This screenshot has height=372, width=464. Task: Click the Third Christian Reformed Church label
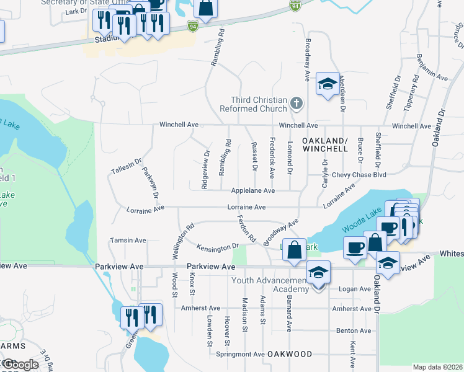coord(259,104)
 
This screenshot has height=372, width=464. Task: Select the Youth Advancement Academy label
coord(269,285)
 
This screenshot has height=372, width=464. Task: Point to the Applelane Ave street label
coord(252,191)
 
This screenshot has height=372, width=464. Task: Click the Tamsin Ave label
coord(128,240)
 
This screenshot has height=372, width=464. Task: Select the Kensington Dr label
coord(218,249)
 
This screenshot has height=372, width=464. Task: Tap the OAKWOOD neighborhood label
coord(290,354)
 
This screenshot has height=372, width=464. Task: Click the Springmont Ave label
coord(241,354)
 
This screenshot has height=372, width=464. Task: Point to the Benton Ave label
coord(354,331)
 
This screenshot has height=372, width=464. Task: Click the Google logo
coord(20,365)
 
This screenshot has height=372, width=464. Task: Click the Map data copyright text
coord(437,367)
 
